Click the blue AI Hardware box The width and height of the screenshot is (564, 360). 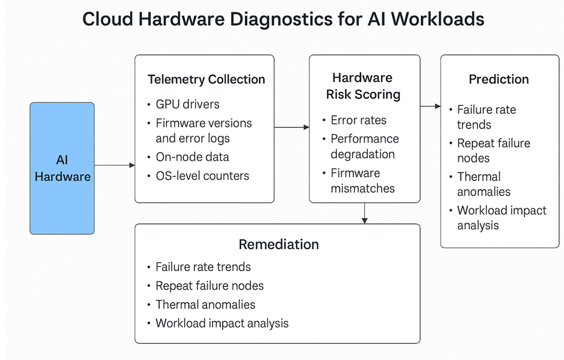click(x=62, y=168)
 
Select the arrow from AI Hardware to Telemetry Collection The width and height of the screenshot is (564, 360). click(x=114, y=165)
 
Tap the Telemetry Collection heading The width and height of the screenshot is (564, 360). click(x=206, y=79)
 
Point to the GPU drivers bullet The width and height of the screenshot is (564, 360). click(x=187, y=104)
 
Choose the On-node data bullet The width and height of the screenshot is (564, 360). click(x=192, y=157)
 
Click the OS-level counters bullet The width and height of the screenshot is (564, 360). click(x=202, y=176)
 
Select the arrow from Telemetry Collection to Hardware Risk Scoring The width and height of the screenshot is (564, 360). click(x=291, y=127)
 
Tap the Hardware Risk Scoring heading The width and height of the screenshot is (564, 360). click(x=363, y=86)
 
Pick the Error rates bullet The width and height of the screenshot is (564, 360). click(x=358, y=120)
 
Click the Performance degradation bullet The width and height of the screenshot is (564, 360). click(x=364, y=146)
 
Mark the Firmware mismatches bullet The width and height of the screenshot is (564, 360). click(x=362, y=181)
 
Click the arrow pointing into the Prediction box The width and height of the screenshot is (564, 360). click(x=430, y=106)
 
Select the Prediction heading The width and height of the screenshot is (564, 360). click(x=498, y=79)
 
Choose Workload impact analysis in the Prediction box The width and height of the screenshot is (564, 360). click(x=501, y=218)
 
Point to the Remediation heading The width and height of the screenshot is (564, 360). click(x=278, y=244)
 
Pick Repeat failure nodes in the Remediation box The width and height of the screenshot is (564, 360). click(x=209, y=285)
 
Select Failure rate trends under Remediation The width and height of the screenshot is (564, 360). click(x=203, y=267)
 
